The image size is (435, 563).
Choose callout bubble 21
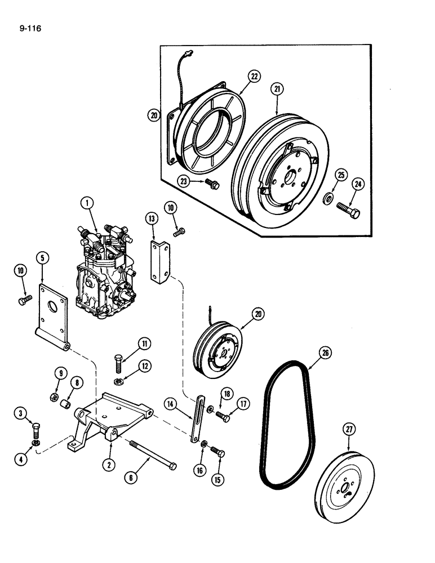(277, 89)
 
